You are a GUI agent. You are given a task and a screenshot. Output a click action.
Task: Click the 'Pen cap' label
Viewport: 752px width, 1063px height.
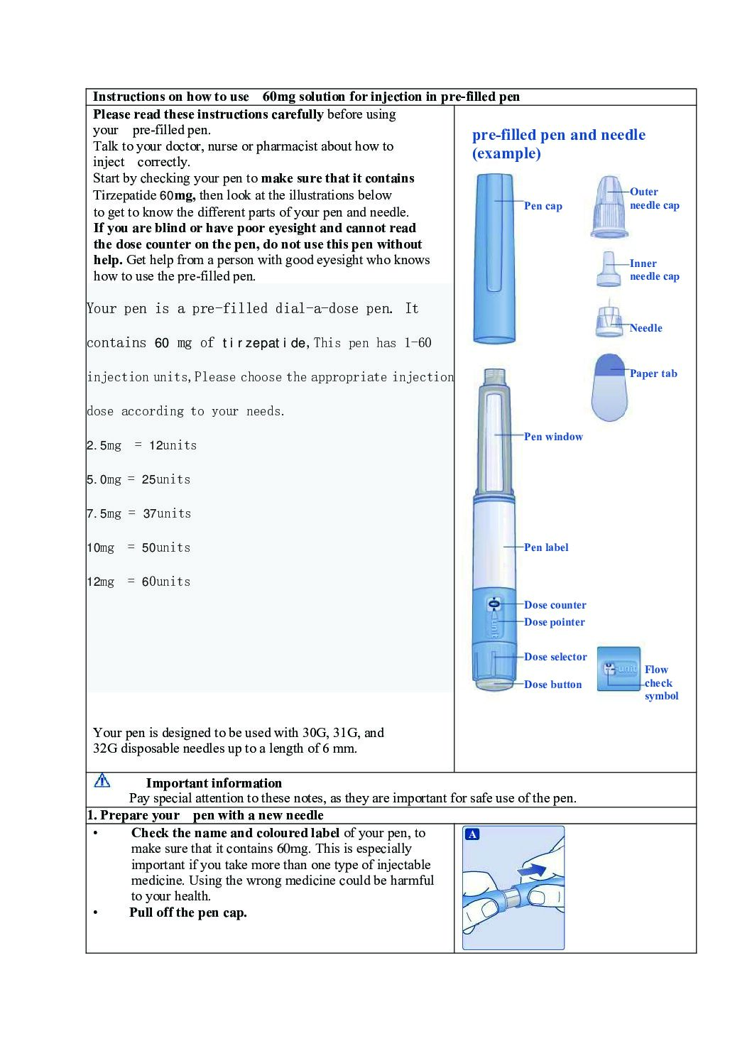coord(543,206)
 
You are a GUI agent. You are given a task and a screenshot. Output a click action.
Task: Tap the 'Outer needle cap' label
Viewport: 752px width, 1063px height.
coord(654,199)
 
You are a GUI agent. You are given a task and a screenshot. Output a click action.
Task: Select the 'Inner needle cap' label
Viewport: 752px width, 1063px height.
coord(654,270)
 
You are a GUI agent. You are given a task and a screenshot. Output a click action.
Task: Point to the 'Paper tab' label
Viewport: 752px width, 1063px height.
coord(653,374)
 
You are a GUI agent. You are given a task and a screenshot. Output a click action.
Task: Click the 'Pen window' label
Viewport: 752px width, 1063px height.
coord(553,437)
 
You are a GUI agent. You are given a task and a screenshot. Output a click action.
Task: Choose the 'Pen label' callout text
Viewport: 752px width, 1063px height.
coord(546,547)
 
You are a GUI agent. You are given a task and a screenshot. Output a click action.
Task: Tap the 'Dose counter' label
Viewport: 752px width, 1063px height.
coord(555,605)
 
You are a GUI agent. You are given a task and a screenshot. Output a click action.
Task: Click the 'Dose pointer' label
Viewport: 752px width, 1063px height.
coord(555,622)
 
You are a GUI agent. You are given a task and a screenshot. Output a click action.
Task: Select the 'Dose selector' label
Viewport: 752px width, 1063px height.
coord(555,657)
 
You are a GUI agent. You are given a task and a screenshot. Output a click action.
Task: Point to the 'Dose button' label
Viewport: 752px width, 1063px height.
coord(552,685)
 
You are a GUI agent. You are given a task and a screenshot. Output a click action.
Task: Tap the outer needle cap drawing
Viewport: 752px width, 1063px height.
coord(609,207)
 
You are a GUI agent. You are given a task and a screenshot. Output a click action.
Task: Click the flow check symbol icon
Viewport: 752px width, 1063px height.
coord(619,669)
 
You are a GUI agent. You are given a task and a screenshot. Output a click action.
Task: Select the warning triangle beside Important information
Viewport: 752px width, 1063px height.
coord(102,781)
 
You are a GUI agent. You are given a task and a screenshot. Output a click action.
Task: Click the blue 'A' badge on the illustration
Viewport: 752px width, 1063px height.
coord(472,834)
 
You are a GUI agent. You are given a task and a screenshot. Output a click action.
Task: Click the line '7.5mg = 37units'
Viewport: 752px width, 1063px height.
coord(139,513)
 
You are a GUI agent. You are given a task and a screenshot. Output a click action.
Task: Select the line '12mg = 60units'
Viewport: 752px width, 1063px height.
coord(139,582)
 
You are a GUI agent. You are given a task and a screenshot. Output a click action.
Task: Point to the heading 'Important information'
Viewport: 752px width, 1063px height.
coord(214,783)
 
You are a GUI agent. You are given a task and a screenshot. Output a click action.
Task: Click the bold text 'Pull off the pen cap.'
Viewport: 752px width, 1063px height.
coord(188,912)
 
